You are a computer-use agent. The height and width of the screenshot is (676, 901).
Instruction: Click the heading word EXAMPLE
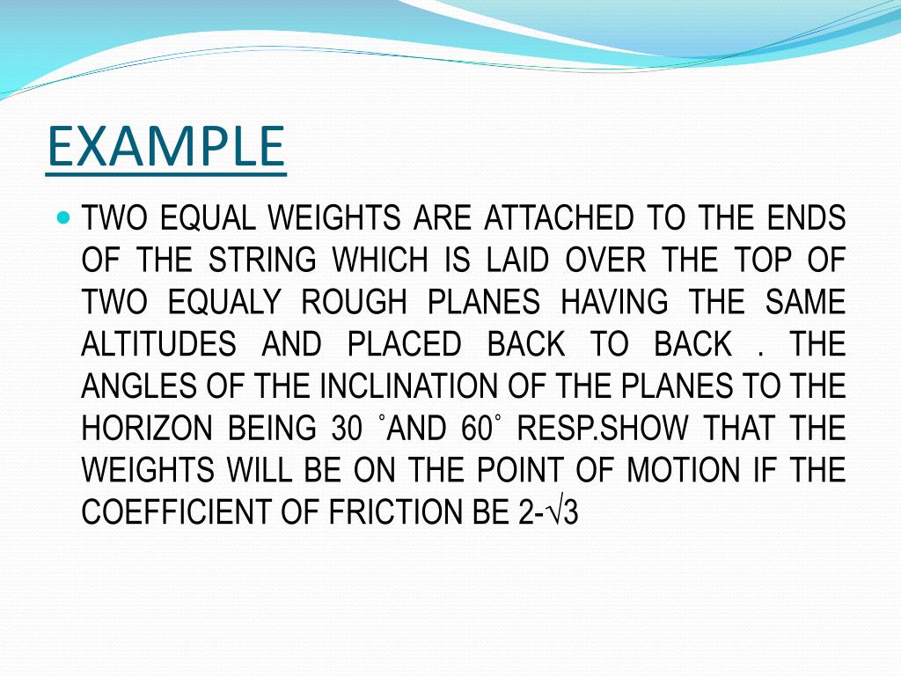[x=165, y=146]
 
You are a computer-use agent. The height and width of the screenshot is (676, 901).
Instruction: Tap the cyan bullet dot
[x=64, y=218]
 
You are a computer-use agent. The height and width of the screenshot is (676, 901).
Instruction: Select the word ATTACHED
[x=559, y=218]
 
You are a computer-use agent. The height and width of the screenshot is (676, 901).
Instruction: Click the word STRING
[x=262, y=260]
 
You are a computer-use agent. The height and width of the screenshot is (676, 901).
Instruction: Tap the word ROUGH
[x=354, y=302]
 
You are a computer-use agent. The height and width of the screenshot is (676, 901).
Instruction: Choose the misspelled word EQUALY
[x=224, y=302]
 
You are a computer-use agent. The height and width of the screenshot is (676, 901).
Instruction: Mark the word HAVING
[x=614, y=302]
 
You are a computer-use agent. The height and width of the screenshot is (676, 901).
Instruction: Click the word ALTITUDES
[x=158, y=344]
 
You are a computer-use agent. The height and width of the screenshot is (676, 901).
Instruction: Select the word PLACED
[x=405, y=344]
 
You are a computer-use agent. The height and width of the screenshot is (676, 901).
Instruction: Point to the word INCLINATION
[x=408, y=386]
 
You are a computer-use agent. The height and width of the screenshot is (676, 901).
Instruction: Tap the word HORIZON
[x=147, y=429]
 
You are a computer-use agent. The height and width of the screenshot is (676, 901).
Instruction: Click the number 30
[x=347, y=429]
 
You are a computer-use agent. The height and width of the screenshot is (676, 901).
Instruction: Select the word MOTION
[x=683, y=470]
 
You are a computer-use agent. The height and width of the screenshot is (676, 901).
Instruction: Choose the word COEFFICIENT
[x=175, y=512]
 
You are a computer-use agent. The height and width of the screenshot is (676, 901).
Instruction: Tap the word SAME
[x=805, y=302]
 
